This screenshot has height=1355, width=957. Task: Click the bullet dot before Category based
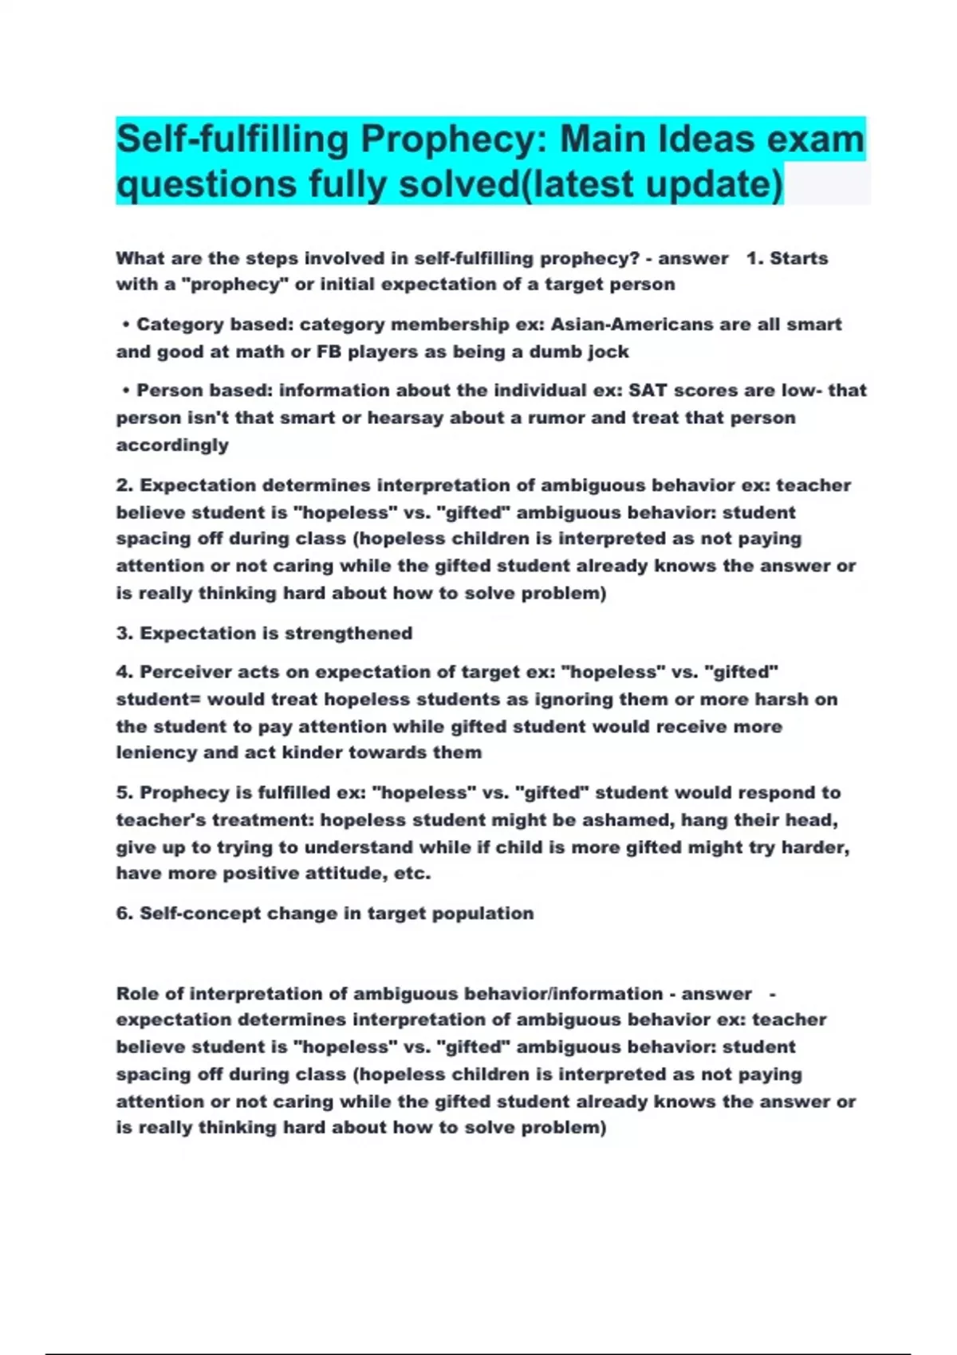[126, 324]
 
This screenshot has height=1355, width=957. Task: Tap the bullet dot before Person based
[126, 391]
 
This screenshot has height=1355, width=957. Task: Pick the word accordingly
[172, 445]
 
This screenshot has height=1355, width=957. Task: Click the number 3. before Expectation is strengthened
[124, 634]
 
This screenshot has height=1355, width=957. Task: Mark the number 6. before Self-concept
[124, 913]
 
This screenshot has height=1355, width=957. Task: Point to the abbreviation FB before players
[329, 352]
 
